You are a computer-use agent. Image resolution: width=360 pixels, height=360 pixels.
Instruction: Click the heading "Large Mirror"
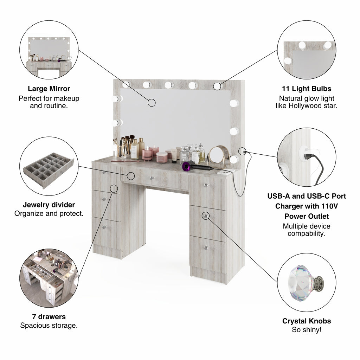point(49,89)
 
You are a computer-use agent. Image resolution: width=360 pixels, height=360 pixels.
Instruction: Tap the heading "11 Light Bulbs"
point(307,89)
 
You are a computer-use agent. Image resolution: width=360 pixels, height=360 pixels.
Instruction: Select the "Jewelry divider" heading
point(49,205)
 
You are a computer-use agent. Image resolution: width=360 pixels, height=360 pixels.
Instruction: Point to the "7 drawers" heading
point(49,317)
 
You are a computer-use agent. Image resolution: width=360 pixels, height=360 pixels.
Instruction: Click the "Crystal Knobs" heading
point(307,321)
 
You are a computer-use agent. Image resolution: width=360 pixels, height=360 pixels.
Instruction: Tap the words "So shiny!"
point(307,330)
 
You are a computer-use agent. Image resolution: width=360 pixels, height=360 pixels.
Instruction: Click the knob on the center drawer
point(152,178)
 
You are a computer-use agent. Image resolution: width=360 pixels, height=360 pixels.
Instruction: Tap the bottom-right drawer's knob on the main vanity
point(206,248)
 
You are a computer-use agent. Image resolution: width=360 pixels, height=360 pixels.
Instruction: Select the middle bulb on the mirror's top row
point(169,85)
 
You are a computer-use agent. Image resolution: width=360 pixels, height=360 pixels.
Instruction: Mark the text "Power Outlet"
point(307,216)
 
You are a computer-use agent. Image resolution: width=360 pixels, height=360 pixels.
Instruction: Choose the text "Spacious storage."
point(49,325)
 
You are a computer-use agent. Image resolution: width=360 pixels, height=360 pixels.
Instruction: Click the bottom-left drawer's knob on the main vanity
point(104,227)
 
